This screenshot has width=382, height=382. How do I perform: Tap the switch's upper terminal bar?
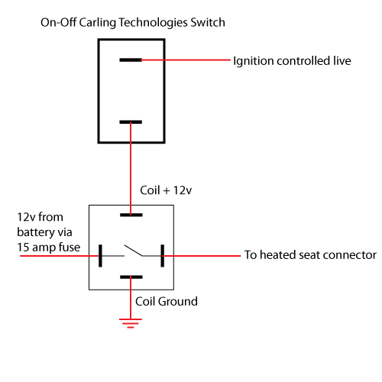coord(131,60)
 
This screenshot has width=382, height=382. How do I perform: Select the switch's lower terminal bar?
coord(131,121)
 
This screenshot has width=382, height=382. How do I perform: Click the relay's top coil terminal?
coord(131,215)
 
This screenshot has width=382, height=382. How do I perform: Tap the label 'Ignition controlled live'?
coord(292,60)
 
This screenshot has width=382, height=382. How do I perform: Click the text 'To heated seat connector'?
coord(309,255)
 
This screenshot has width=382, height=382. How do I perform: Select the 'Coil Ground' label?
coord(166,302)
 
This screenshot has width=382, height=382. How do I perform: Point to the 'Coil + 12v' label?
coord(167,190)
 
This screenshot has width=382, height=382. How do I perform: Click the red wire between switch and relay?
coord(131,168)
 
